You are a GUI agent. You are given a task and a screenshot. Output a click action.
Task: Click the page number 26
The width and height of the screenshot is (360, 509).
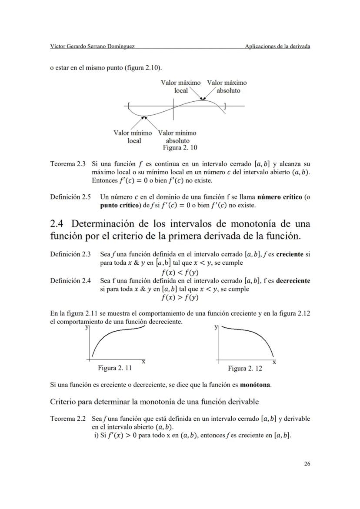307,464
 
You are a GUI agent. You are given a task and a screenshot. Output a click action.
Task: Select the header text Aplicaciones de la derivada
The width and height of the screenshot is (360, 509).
277,47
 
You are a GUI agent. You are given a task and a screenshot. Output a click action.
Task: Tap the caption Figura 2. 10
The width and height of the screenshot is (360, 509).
180,148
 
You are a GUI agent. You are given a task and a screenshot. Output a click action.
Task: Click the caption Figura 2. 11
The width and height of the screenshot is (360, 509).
115,368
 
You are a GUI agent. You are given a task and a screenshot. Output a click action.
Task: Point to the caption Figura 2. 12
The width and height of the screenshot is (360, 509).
245,369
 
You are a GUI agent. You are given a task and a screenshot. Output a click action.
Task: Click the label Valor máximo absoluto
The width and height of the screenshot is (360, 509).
227,86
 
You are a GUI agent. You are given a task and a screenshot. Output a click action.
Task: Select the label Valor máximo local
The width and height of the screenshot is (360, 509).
181,86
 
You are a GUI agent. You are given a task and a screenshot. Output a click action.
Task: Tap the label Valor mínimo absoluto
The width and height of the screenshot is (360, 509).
177,137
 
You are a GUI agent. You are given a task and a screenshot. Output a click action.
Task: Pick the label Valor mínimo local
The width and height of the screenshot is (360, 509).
133,137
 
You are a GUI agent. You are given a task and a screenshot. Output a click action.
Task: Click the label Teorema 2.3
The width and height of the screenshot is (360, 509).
68,164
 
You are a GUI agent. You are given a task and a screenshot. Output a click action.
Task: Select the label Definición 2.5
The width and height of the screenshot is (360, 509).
70,197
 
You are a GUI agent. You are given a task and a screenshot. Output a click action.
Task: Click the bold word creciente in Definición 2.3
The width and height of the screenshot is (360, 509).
291,254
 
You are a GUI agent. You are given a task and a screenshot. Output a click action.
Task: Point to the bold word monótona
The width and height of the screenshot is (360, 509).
254,385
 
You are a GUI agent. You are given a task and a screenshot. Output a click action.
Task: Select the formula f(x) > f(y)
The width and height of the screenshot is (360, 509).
180,298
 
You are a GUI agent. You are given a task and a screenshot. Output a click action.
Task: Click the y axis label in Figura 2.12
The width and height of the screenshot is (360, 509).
216,327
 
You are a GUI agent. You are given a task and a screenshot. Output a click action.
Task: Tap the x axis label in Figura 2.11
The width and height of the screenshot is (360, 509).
143,362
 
